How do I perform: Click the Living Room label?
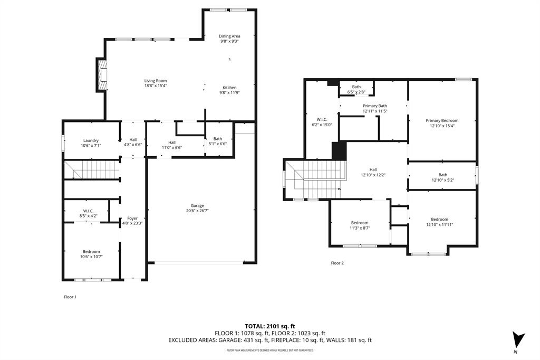coord(156,81)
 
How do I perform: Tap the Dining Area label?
coord(229,36)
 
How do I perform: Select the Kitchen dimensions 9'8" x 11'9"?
coord(229,92)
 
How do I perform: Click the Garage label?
coord(197,205)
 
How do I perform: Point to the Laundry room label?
coord(91,140)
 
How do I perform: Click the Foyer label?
coord(132,218)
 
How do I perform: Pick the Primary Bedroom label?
coord(442,120)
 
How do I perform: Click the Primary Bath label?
coord(375,106)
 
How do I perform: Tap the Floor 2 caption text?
coord(337,263)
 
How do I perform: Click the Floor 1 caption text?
coord(70,297)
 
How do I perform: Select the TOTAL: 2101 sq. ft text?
coord(269,326)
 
